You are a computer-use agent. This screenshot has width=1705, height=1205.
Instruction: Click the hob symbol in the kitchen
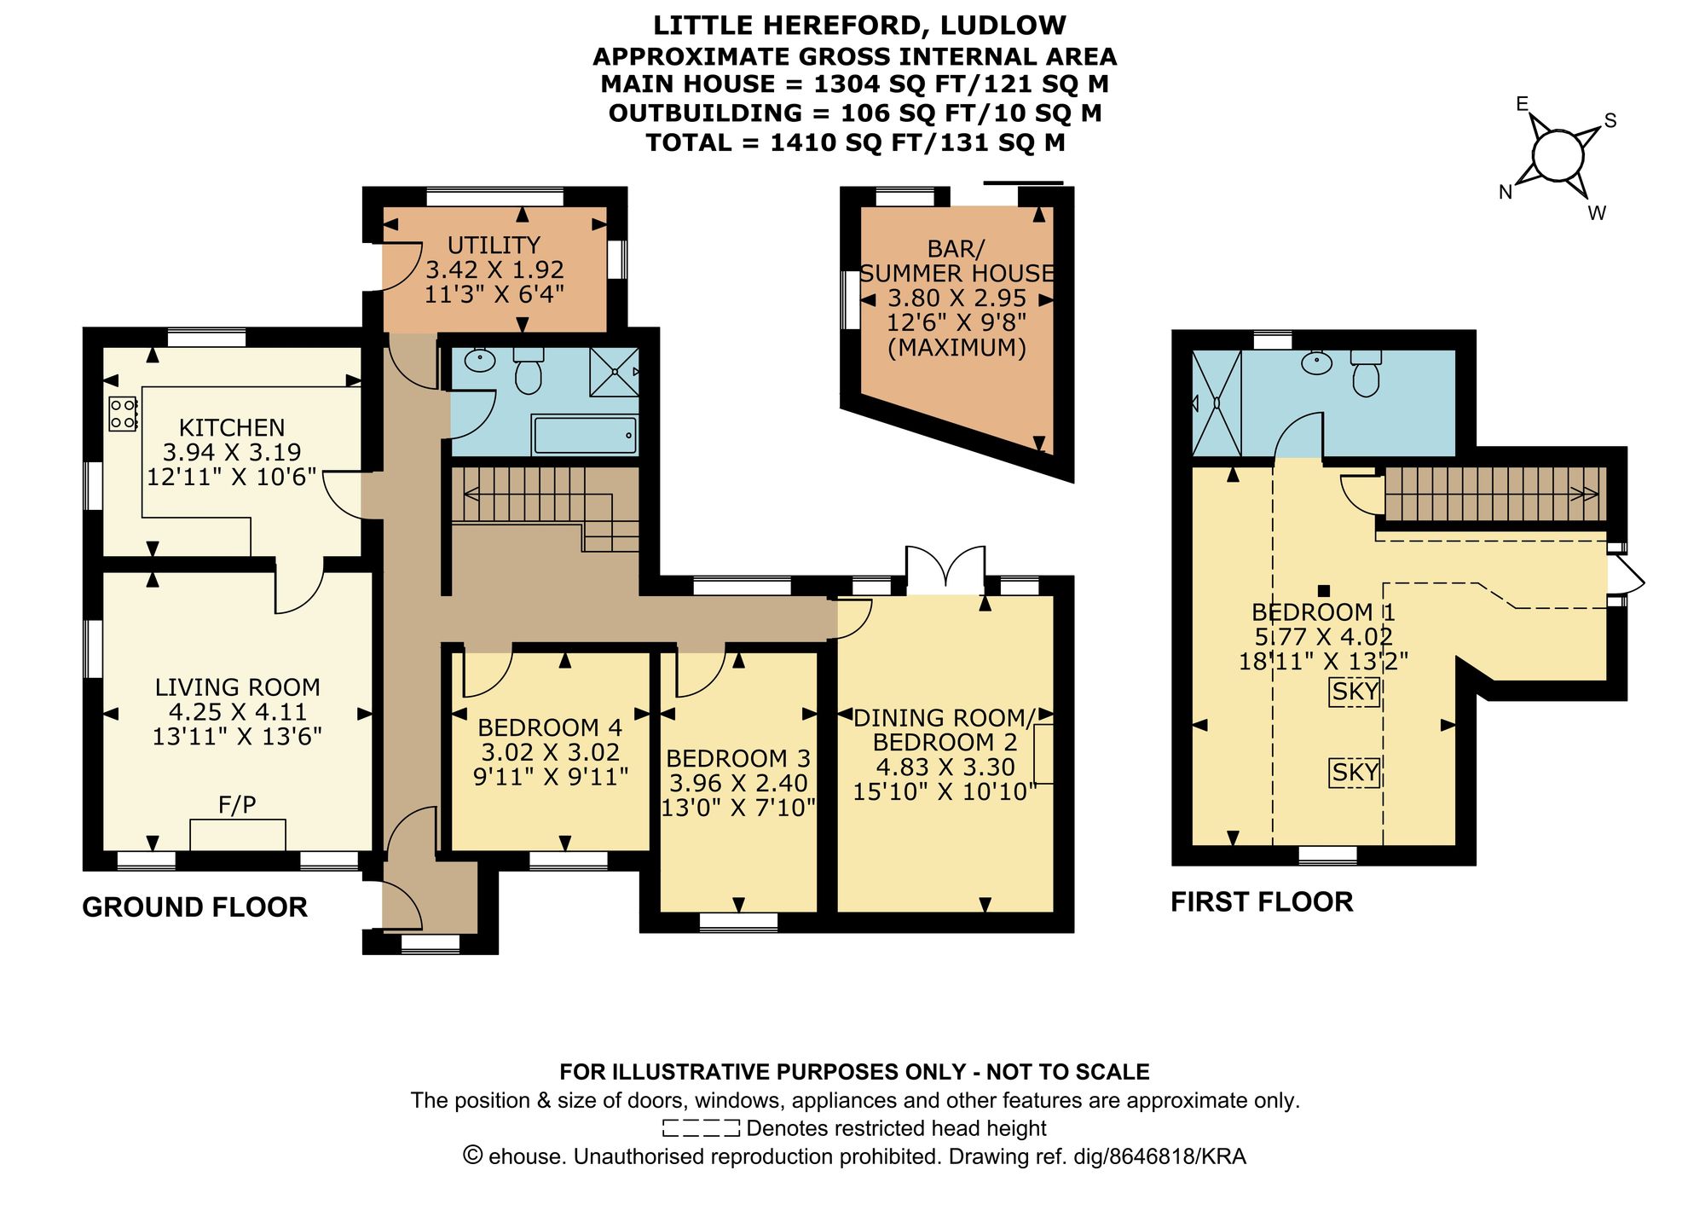click(x=123, y=414)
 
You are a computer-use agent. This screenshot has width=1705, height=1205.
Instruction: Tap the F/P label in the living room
click(x=237, y=804)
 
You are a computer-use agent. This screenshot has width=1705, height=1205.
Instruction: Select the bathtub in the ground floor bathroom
click(x=584, y=435)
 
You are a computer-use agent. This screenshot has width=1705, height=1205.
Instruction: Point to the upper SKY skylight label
click(x=1355, y=692)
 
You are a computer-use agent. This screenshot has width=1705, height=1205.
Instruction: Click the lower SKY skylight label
click(x=1355, y=773)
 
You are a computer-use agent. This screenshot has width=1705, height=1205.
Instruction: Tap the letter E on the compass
click(x=1522, y=105)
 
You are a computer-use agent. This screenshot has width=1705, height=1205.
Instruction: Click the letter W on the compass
click(x=1597, y=213)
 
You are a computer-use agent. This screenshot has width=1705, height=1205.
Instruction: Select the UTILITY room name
click(x=494, y=246)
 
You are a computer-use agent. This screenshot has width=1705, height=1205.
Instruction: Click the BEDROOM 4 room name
click(x=550, y=727)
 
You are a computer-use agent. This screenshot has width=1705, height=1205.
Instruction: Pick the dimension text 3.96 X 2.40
click(x=738, y=783)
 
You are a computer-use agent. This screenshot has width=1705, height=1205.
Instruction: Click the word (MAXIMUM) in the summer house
click(x=957, y=348)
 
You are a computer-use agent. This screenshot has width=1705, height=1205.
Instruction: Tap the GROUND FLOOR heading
click(x=194, y=907)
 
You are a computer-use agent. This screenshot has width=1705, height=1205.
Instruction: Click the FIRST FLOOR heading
click(x=1261, y=902)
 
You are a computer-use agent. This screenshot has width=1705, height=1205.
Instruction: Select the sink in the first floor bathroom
click(x=1317, y=364)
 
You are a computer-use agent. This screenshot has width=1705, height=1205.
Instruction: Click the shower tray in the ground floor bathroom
click(x=615, y=372)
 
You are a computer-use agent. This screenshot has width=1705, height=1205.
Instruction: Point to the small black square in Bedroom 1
click(x=1324, y=590)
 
